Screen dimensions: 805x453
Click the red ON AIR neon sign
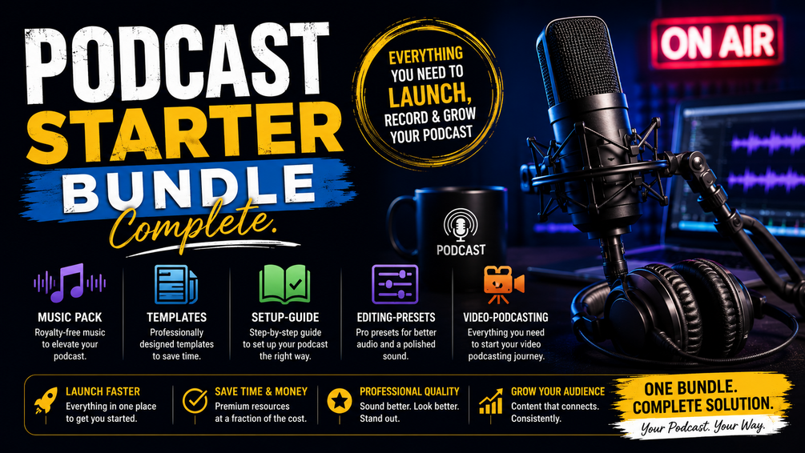click(x=717, y=42)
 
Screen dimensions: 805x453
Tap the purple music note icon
click(x=70, y=283)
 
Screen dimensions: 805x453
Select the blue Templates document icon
click(x=176, y=284)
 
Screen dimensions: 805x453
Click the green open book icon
click(x=285, y=285)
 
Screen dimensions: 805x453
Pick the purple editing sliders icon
click(x=395, y=285)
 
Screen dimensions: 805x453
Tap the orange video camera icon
click(x=504, y=285)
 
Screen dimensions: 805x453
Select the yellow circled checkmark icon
click(x=195, y=401)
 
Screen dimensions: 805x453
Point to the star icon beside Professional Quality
click(x=340, y=401)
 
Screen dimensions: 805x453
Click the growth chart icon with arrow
click(x=491, y=401)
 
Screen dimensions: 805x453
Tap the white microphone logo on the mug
click(x=461, y=225)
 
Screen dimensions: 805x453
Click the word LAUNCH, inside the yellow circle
click(x=430, y=95)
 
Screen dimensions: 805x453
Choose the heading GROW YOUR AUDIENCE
click(x=558, y=391)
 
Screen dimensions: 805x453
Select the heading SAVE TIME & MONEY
click(x=261, y=391)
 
